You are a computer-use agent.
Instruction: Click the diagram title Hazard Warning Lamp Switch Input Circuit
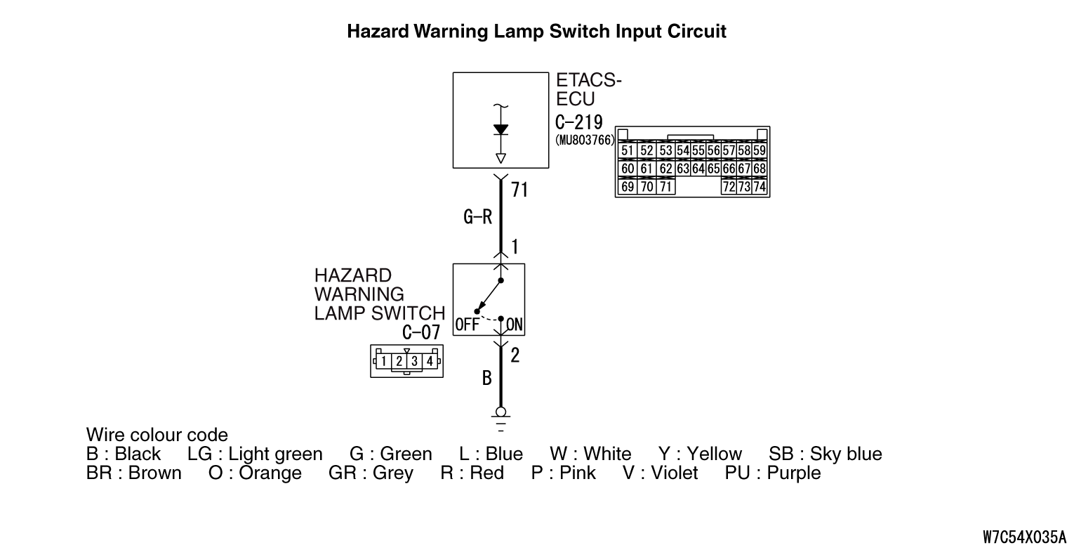536,32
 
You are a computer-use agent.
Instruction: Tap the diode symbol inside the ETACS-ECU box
500,130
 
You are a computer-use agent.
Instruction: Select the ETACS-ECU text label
588,90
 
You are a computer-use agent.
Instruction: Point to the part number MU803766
585,139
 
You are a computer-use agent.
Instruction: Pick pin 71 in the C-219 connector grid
665,188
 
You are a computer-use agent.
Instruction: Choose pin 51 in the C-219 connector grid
628,151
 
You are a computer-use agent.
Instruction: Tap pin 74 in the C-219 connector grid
759,188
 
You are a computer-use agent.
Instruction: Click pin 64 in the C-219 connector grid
698,169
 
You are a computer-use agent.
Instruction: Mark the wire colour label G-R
477,218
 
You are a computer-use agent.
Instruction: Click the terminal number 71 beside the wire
519,190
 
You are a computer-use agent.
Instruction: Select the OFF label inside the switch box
467,325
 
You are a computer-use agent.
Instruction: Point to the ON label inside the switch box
515,325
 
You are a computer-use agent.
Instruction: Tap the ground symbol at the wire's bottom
500,417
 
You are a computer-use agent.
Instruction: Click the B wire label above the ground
486,379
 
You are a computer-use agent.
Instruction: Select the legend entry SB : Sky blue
825,454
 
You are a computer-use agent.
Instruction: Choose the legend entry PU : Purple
772,473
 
